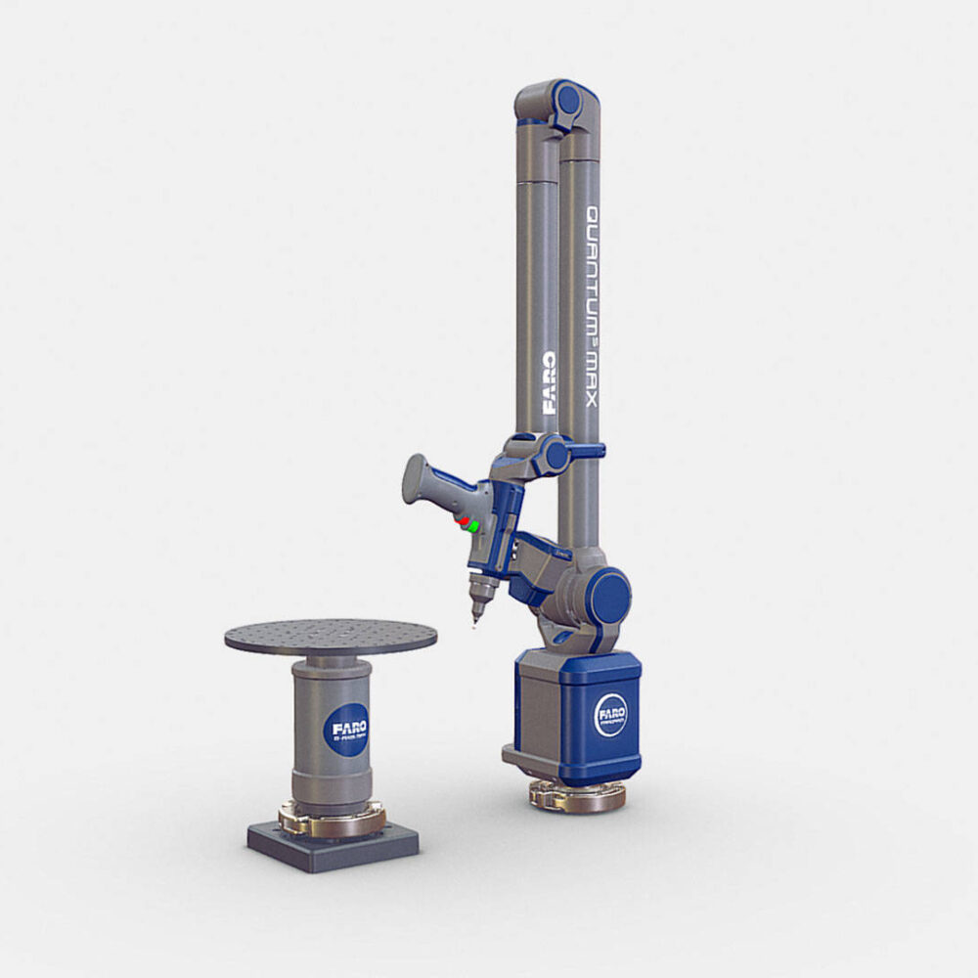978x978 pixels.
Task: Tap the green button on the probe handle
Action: [x=472, y=527]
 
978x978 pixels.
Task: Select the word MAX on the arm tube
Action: [x=592, y=377]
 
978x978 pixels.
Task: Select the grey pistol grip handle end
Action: [x=418, y=480]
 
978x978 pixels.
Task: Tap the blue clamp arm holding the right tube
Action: [x=585, y=450]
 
